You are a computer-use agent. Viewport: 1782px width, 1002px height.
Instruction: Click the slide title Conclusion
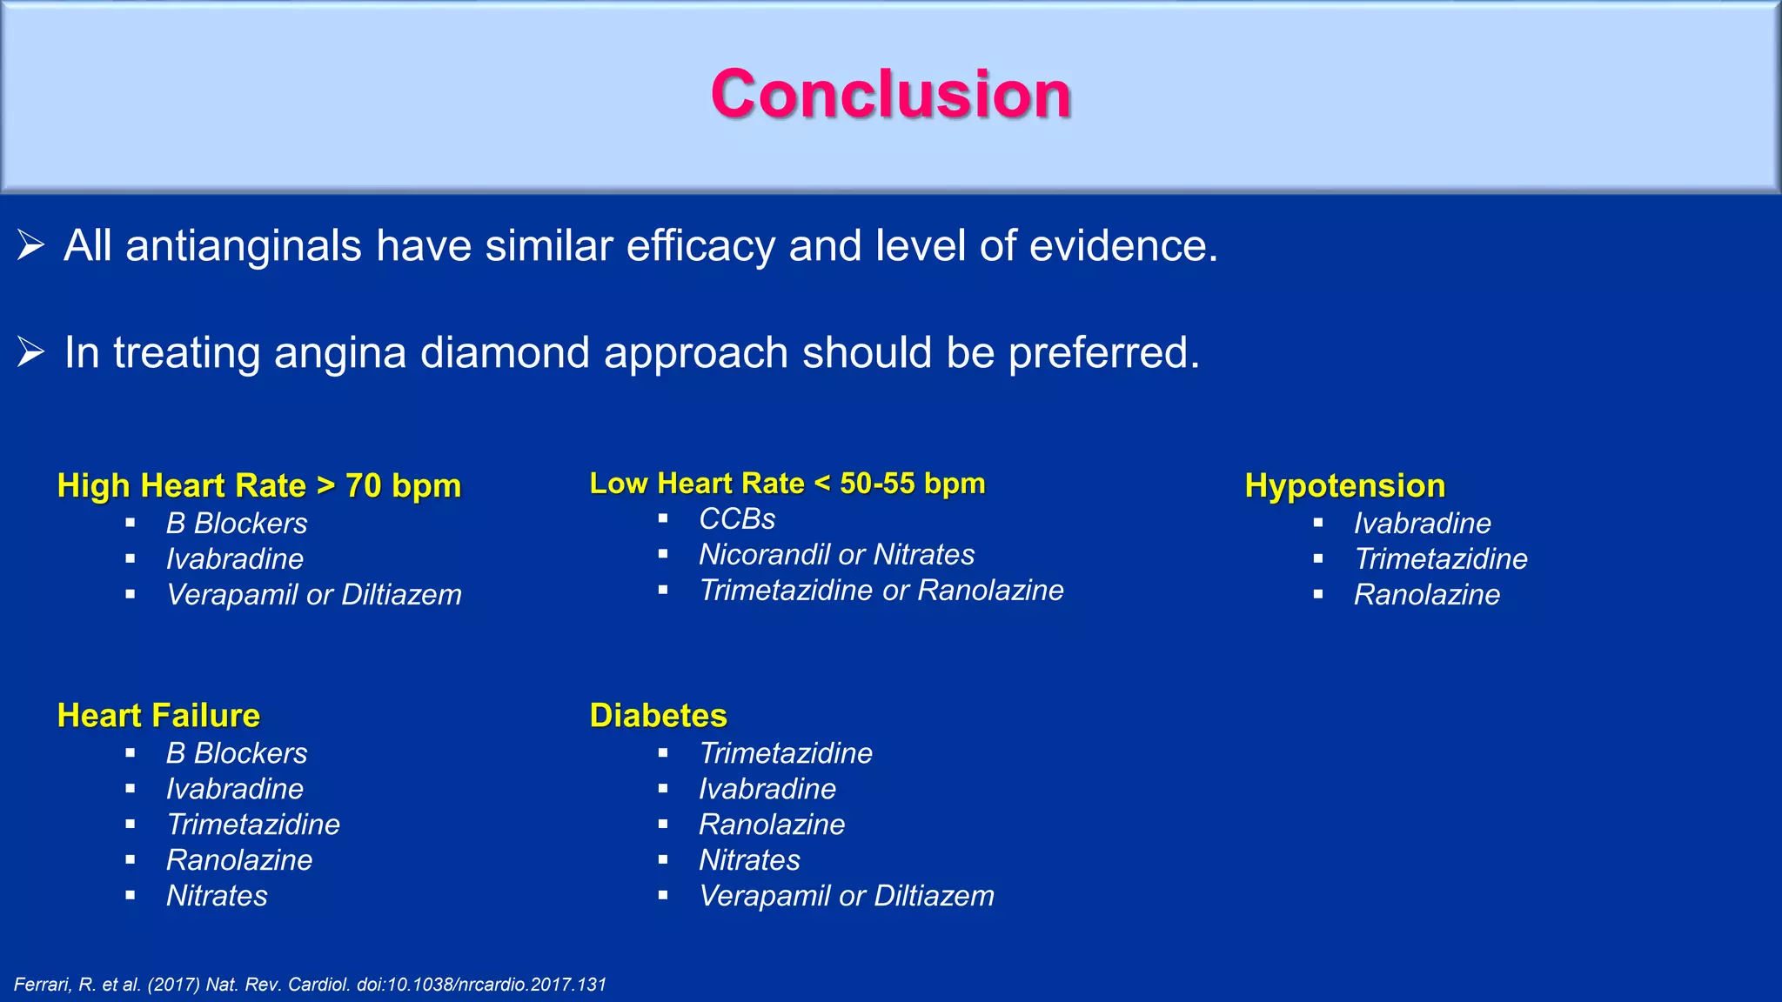pos(890,94)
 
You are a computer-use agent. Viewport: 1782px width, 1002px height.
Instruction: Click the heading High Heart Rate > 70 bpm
pos(258,485)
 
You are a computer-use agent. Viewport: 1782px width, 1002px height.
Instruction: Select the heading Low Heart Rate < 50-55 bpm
pos(787,483)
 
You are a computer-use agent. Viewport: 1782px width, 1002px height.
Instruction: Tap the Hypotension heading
pos(1344,485)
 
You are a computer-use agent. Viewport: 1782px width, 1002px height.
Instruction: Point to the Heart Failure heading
pos(158,715)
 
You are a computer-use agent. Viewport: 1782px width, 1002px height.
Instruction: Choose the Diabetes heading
pos(658,715)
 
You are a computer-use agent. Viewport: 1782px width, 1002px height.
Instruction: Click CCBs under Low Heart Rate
pos(736,519)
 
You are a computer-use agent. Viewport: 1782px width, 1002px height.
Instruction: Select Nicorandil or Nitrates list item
pos(836,555)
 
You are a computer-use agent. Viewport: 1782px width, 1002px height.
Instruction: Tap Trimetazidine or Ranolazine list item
pos(881,591)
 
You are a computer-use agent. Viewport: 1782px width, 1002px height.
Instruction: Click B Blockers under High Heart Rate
pos(237,524)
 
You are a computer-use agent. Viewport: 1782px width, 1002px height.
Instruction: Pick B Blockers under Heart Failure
pos(237,753)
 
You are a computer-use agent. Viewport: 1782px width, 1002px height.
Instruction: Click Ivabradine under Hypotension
pos(1422,524)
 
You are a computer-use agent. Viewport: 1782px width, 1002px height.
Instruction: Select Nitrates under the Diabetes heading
pos(749,860)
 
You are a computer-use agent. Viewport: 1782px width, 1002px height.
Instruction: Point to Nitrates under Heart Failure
pos(217,896)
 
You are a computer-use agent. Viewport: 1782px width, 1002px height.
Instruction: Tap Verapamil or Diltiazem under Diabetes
pos(846,896)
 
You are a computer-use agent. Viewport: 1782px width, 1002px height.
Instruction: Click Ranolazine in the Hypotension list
pos(1426,595)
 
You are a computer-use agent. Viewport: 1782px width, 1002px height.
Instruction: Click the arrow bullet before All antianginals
pos(30,246)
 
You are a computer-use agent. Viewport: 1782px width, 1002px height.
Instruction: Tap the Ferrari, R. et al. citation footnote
pos(310,985)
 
